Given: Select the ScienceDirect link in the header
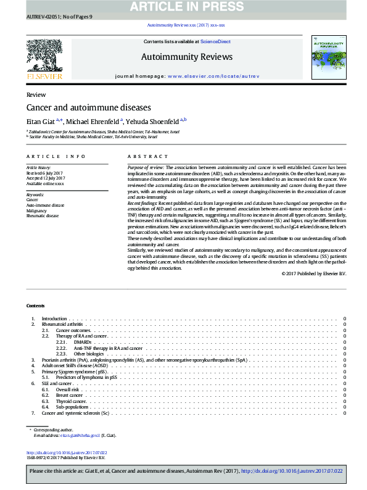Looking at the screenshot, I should pos(215,41).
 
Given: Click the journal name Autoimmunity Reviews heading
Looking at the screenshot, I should pos(188,57).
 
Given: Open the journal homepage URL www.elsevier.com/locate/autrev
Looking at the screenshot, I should pos(220,75).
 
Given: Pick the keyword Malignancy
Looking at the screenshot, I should pos(36,210).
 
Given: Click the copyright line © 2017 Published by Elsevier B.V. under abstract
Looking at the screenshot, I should pos(313,273).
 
